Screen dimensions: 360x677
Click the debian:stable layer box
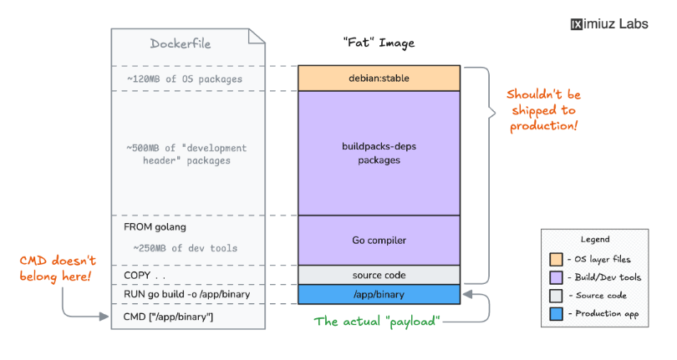pos(379,78)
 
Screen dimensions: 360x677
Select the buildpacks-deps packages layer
pos(379,153)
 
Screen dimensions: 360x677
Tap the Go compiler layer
pos(379,241)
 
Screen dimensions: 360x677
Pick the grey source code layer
pos(379,275)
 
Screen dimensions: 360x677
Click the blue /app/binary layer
pos(379,294)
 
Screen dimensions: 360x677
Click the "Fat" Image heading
pos(379,43)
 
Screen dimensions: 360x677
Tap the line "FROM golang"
pos(155,226)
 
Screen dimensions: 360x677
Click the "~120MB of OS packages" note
pos(185,79)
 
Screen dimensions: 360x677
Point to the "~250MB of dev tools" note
pos(185,248)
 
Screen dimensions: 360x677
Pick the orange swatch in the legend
pos(555,260)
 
